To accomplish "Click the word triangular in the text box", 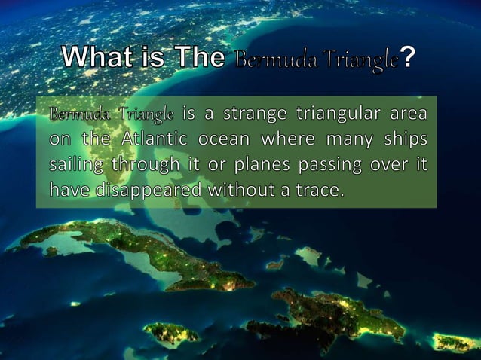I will (x=342, y=115).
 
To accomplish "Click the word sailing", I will (x=77, y=164).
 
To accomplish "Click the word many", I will (x=347, y=140).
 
